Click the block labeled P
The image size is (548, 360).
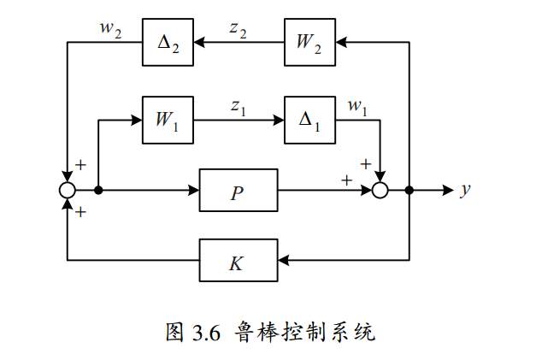[239, 190]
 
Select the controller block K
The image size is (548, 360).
[239, 260]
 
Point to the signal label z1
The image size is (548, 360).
[239, 106]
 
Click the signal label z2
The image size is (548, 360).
[238, 27]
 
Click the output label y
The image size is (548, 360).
[466, 190]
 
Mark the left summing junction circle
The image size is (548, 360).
[68, 190]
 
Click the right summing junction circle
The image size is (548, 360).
[380, 190]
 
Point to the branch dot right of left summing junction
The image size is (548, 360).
[99, 190]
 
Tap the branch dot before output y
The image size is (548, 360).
[410, 190]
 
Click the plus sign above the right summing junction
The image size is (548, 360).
[366, 162]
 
